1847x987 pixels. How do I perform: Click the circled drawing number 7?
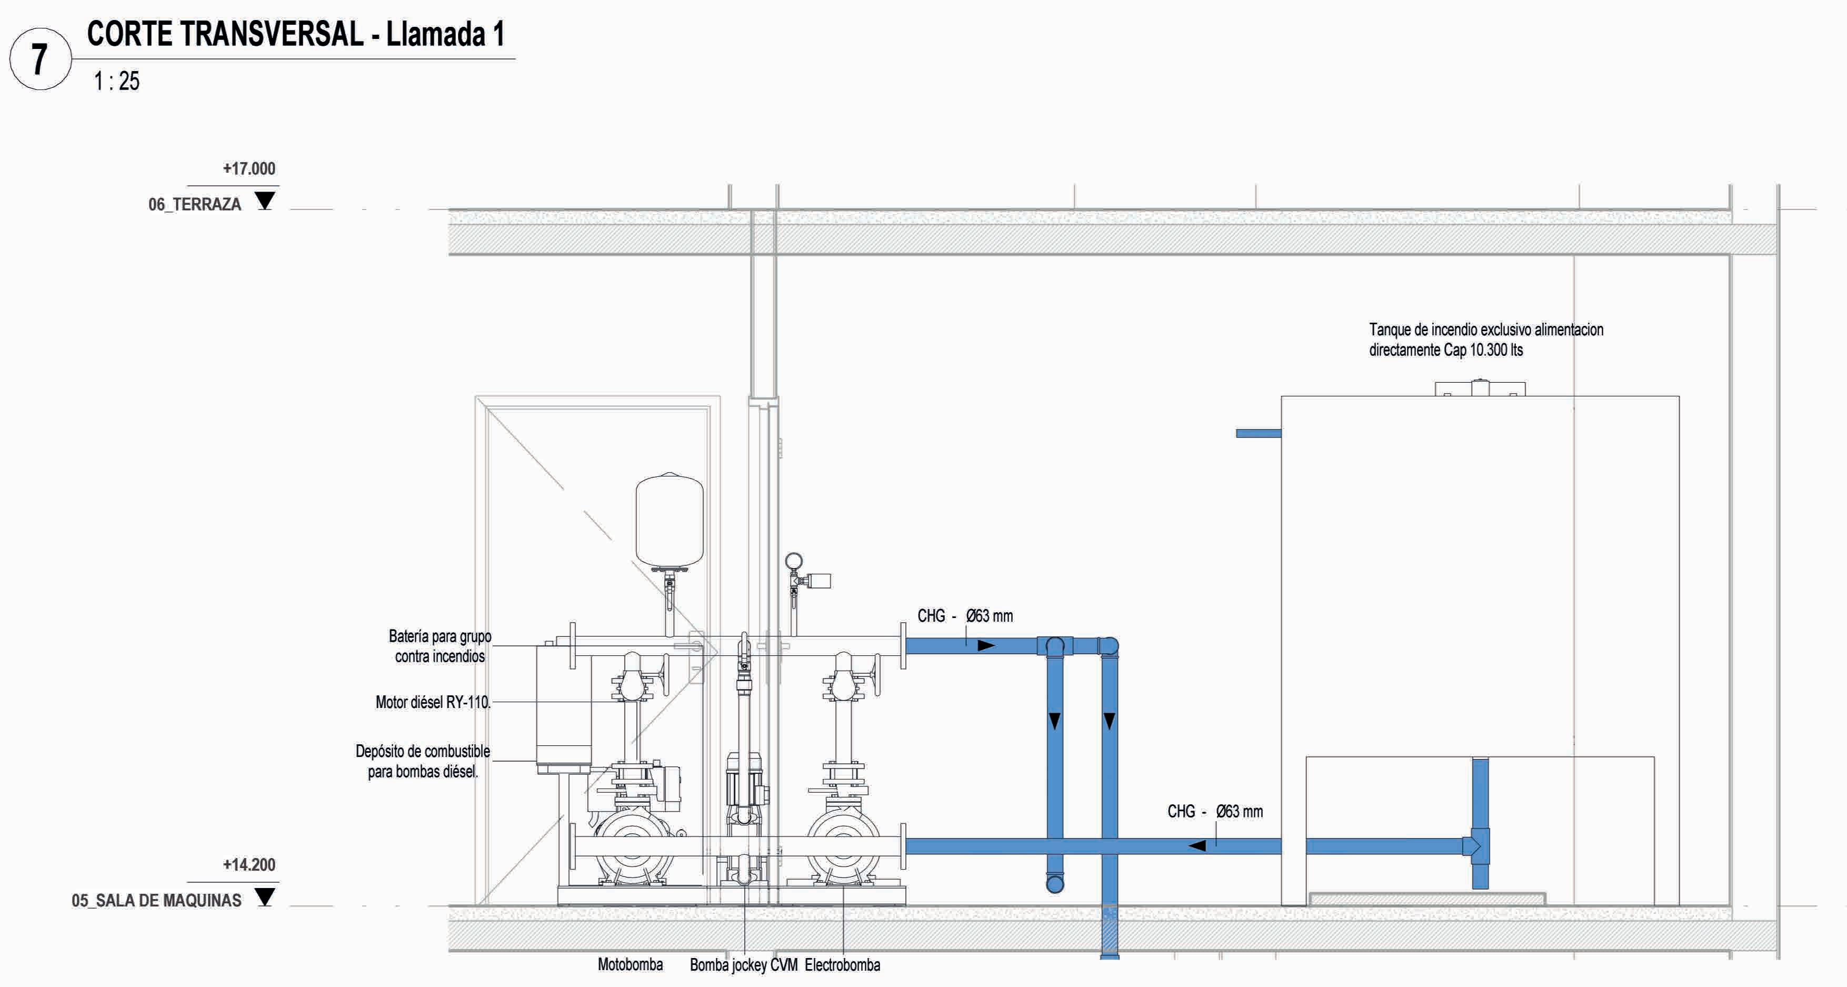[40, 59]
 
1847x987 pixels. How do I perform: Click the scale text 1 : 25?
[116, 81]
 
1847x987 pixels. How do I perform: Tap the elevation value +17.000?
[249, 168]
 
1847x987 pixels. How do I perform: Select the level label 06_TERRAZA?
[194, 204]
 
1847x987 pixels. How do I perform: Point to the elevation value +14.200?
[249, 864]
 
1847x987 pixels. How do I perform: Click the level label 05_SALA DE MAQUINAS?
[156, 901]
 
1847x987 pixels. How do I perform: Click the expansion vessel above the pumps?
[669, 520]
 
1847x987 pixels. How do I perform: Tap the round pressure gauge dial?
[794, 561]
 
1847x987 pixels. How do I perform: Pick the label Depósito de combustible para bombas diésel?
[423, 761]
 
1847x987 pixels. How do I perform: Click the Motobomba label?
[630, 965]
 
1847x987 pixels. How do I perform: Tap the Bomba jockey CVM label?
[744, 965]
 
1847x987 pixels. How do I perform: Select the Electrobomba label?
[843, 965]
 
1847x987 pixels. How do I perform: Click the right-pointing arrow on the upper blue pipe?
[986, 645]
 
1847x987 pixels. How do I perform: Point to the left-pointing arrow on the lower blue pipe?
[1196, 846]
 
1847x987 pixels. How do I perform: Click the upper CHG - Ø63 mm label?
[965, 615]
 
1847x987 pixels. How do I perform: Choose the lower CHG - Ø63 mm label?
[1215, 811]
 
